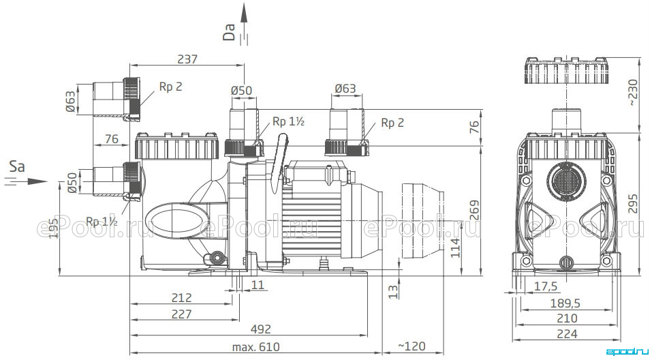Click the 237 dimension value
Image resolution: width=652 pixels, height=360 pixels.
(187, 59)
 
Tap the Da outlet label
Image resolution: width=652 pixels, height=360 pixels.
(229, 32)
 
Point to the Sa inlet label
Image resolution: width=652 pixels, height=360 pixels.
(17, 166)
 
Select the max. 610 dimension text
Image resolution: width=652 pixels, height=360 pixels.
(256, 346)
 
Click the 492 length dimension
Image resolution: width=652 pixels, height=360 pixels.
(261, 329)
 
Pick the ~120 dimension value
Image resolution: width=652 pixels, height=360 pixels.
(412, 346)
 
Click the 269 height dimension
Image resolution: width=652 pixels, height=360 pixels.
(474, 210)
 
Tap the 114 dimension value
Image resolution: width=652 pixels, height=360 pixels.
(456, 248)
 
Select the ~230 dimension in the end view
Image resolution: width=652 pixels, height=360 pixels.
(632, 92)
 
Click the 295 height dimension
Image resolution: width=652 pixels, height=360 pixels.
(632, 203)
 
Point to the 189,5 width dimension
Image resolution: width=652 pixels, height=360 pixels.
(565, 303)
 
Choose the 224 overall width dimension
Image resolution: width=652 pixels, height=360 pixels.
(567, 333)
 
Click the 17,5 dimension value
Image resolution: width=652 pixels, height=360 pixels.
(545, 286)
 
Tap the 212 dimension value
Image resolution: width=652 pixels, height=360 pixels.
(182, 297)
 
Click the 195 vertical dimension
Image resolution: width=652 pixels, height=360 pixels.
(53, 228)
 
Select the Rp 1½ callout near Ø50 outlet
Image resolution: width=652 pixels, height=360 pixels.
(289, 121)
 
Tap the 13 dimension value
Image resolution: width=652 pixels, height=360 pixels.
(393, 291)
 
